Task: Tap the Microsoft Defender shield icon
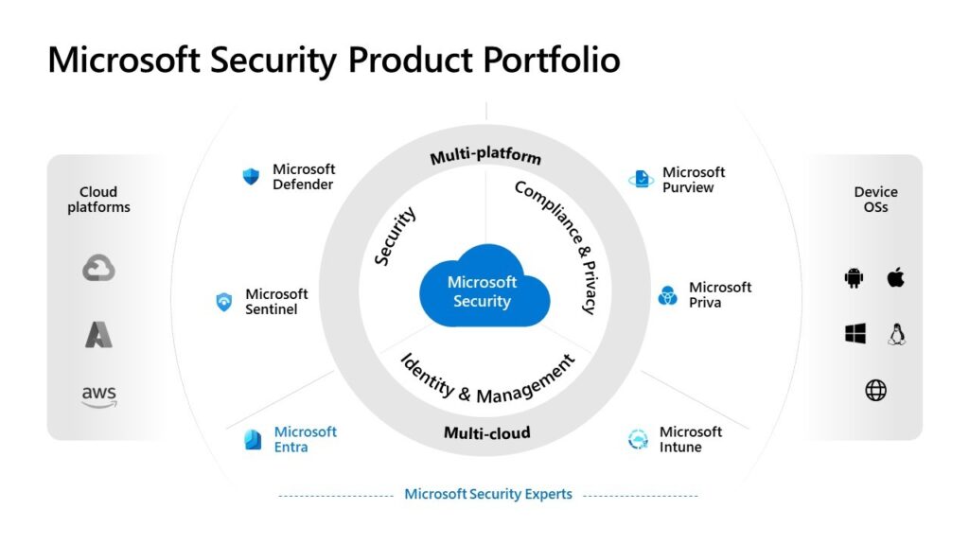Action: coord(251,176)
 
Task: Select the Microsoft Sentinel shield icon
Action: coord(224,302)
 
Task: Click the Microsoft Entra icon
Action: coord(253,439)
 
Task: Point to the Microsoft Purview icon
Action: coord(641,179)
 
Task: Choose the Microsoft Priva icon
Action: coord(668,295)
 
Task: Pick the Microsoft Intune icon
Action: coord(638,439)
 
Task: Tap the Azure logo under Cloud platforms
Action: coord(98,334)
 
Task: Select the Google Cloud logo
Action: coord(98,270)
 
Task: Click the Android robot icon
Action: coord(854,277)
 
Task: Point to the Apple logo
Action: coord(896,277)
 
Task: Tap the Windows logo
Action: coord(855,333)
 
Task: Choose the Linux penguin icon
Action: coord(897,333)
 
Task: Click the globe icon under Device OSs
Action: coord(876,390)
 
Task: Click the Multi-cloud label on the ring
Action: coord(486,433)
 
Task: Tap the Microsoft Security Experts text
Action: coord(488,494)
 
